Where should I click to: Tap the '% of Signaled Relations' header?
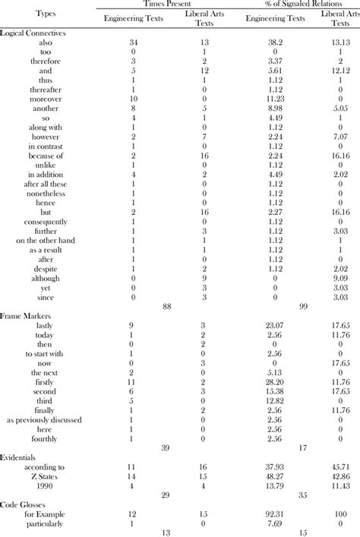coord(289,5)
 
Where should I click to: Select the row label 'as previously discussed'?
coord(43,419)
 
